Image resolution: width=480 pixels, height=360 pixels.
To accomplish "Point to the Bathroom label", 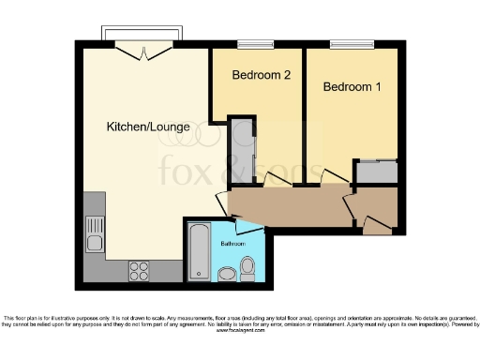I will coord(232,244).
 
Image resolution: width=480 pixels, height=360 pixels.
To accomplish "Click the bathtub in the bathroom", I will coord(198,252).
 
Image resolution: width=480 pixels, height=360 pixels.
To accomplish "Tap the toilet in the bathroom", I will coord(248,269).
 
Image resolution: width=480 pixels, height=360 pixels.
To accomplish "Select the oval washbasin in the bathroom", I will coord(226,274).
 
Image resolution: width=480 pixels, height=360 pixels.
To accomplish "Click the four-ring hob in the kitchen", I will coord(139,270).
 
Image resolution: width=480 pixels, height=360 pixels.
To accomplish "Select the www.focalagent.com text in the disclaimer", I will coord(240,331).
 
